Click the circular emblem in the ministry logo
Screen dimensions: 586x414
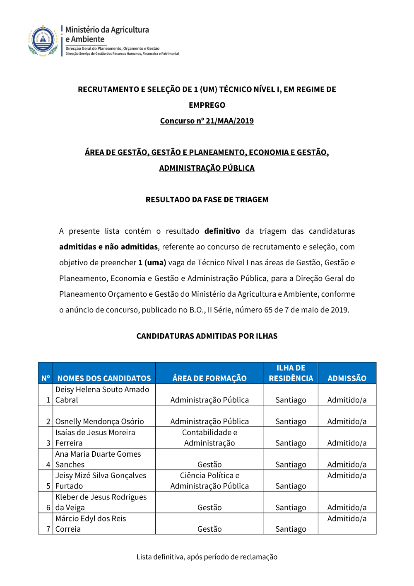[43, 40]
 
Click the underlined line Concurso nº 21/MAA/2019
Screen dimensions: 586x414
[207, 121]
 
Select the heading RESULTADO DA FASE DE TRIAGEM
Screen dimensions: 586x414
[207, 200]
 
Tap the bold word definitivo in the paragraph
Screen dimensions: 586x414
[222, 231]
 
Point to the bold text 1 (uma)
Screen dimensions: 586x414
[152, 263]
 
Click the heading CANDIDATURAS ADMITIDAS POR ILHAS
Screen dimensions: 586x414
[207, 336]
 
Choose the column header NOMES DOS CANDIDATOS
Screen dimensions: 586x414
[104, 378]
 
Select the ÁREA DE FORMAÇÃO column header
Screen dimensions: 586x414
[209, 378]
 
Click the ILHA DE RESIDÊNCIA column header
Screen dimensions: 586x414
[291, 373]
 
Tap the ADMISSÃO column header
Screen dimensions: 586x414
[347, 378]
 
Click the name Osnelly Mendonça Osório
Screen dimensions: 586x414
[100, 421]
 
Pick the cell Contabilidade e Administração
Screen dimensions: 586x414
[209, 438]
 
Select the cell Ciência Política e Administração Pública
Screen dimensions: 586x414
[209, 481]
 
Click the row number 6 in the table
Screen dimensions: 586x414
[48, 508]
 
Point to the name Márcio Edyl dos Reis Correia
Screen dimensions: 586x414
[91, 524]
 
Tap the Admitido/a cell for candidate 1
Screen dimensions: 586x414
[347, 400]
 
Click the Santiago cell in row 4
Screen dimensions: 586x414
[291, 465]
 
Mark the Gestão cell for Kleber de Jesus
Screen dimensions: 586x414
[209, 508]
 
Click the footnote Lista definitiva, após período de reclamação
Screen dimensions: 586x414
[207, 557]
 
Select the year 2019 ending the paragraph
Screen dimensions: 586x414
[339, 310]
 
